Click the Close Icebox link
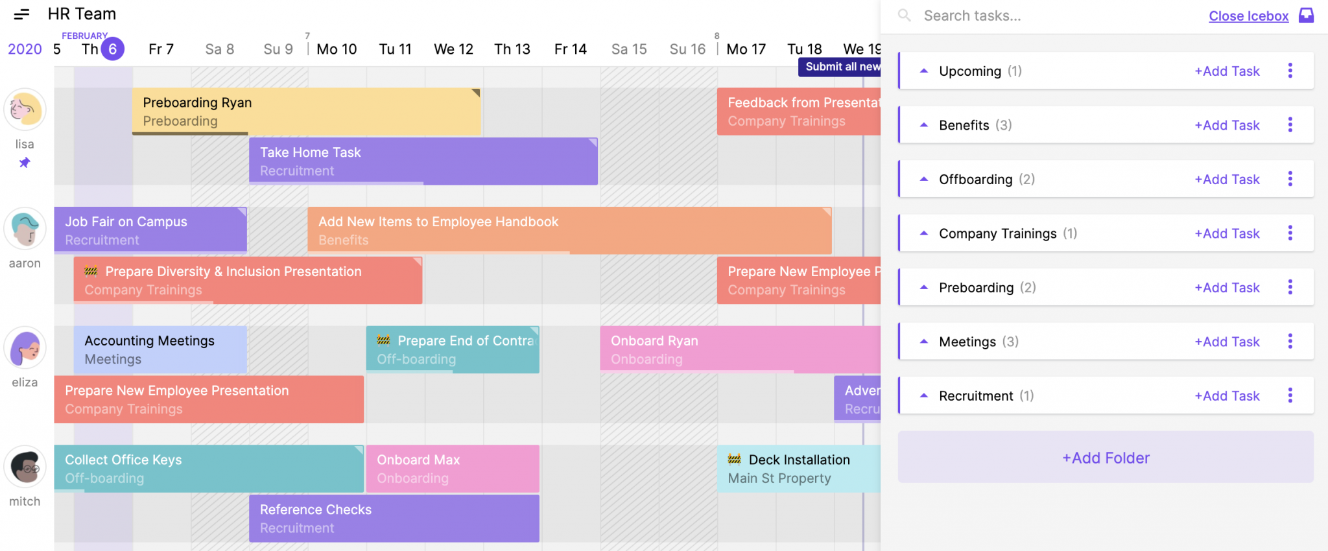point(1248,16)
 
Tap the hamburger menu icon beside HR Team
point(21,14)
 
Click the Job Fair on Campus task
point(150,230)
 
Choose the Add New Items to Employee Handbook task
point(569,230)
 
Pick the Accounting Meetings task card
point(160,349)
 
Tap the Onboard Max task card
point(452,469)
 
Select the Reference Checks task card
point(394,518)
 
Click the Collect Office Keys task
point(208,469)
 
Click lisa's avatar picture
point(25,110)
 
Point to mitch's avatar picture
point(25,467)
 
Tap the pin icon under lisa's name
point(25,163)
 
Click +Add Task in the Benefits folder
point(1227,125)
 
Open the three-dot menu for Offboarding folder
point(1290,179)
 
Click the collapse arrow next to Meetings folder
point(924,342)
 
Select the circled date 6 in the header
point(113,49)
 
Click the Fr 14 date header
point(570,49)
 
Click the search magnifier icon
point(904,16)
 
